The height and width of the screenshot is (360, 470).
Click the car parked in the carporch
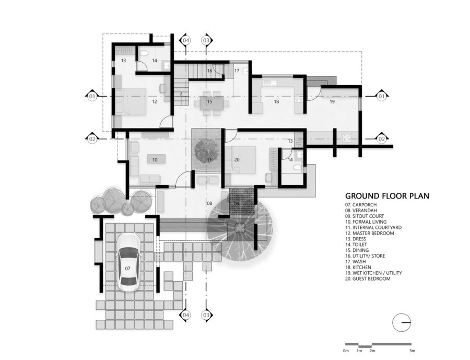click(127, 262)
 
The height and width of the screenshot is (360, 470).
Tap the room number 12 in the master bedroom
click(155, 101)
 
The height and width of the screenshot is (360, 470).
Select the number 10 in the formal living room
click(155, 159)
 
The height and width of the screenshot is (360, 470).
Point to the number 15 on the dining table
click(209, 101)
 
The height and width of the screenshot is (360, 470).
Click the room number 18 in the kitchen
click(276, 101)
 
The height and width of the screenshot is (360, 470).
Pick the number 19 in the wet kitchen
click(332, 101)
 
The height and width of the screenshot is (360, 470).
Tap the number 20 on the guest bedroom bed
click(237, 159)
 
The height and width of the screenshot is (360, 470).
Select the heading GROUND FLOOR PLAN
click(386, 196)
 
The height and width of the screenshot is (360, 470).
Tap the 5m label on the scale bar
click(412, 350)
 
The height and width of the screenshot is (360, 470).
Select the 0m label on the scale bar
click(346, 350)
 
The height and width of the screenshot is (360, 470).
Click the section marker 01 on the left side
click(92, 96)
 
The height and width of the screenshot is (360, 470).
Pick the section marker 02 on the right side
click(381, 139)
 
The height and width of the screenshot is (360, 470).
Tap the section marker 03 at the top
click(206, 40)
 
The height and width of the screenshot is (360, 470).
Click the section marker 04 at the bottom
click(186, 315)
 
